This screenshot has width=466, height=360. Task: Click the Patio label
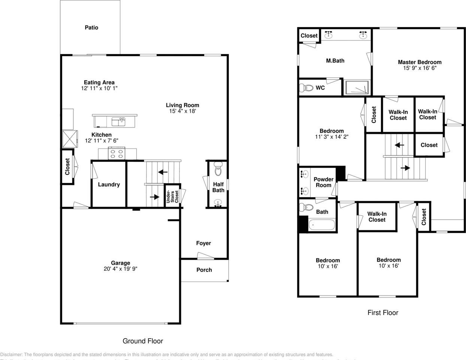(x=91, y=27)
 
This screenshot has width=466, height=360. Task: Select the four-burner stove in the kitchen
(x=116, y=153)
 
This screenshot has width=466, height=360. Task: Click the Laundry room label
(x=109, y=184)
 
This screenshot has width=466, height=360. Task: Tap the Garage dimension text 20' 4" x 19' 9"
(x=120, y=269)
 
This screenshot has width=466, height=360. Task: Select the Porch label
(x=204, y=270)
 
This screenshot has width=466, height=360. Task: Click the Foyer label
(x=203, y=243)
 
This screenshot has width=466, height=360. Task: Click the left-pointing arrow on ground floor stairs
(x=163, y=172)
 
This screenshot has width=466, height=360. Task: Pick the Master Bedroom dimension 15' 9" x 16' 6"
(x=420, y=68)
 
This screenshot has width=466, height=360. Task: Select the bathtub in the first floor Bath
(x=321, y=225)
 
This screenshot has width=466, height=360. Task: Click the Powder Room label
(x=323, y=182)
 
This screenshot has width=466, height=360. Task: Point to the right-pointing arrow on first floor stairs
(x=405, y=168)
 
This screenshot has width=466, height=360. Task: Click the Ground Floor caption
(x=143, y=341)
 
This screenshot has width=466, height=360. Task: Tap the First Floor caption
(x=382, y=312)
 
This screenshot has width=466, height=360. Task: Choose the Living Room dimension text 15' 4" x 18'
(x=182, y=111)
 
